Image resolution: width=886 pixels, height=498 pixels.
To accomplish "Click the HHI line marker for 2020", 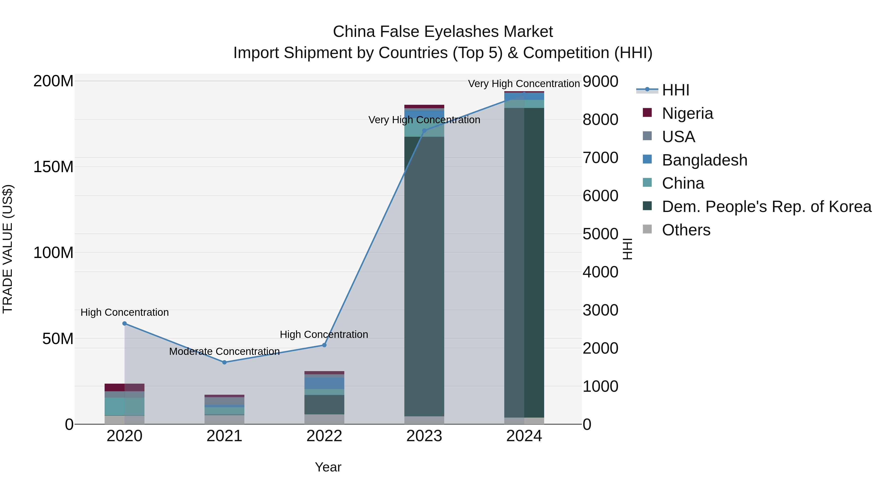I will (125, 323).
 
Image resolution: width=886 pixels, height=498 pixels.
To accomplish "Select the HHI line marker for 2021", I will (224, 362).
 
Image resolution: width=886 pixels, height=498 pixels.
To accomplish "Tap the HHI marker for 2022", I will (324, 345).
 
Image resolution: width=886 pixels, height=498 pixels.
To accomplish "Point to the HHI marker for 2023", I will (424, 131).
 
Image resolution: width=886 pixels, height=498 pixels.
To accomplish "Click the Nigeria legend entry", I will (687, 113).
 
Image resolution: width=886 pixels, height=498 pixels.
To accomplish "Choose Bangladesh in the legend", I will (704, 160).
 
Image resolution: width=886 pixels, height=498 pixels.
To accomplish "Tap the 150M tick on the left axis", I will (53, 167).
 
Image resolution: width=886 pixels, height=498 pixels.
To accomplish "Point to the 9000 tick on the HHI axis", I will (601, 82).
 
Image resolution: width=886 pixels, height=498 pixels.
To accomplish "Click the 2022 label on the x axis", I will (324, 436).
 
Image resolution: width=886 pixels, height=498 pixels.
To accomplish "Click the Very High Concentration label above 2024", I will (523, 84).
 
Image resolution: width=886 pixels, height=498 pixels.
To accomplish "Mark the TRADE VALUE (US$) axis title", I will (8, 249).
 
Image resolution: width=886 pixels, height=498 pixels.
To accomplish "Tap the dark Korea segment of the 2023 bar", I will (424, 275).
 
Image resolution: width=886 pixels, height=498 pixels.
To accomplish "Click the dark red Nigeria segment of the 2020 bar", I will (125, 387).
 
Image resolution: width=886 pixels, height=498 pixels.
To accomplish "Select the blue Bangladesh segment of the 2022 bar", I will (324, 383).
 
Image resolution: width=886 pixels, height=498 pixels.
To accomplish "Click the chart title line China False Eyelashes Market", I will (443, 32).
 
